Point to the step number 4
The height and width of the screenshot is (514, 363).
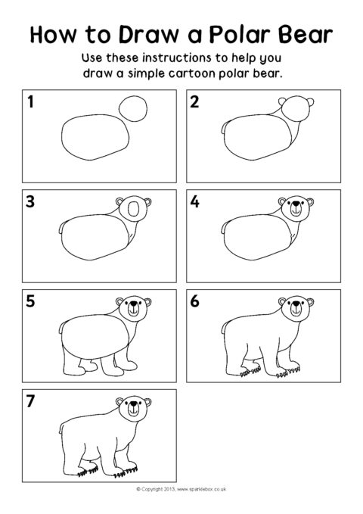coord(194,203)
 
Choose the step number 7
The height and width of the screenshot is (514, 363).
coord(31,401)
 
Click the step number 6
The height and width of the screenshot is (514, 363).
coord(194,302)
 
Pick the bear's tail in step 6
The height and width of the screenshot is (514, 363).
coord(221,328)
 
